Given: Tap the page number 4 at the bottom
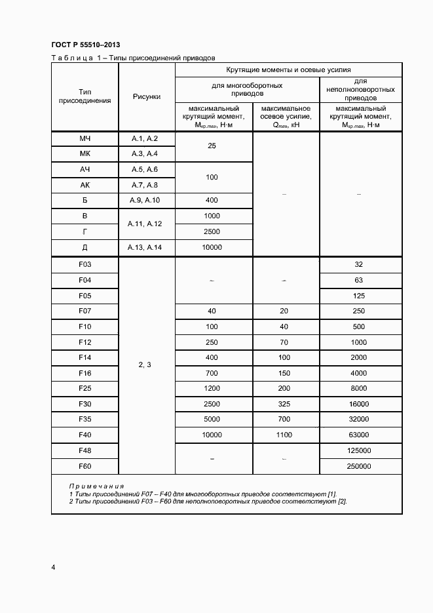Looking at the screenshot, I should (x=53, y=567).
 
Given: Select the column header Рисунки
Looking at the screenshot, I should (x=146, y=96).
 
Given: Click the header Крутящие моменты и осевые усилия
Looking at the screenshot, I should (x=288, y=69).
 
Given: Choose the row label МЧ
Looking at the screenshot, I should (x=85, y=138).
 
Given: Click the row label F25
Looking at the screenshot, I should (x=85, y=388).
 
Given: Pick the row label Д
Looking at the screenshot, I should (x=85, y=247).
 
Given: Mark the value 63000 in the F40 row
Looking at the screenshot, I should (x=360, y=435).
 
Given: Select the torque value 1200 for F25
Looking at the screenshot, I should (x=212, y=388).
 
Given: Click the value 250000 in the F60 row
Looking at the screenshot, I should (x=360, y=466).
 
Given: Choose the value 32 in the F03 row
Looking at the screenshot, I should (x=360, y=264).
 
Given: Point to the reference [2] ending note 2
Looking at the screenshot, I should (x=342, y=502).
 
